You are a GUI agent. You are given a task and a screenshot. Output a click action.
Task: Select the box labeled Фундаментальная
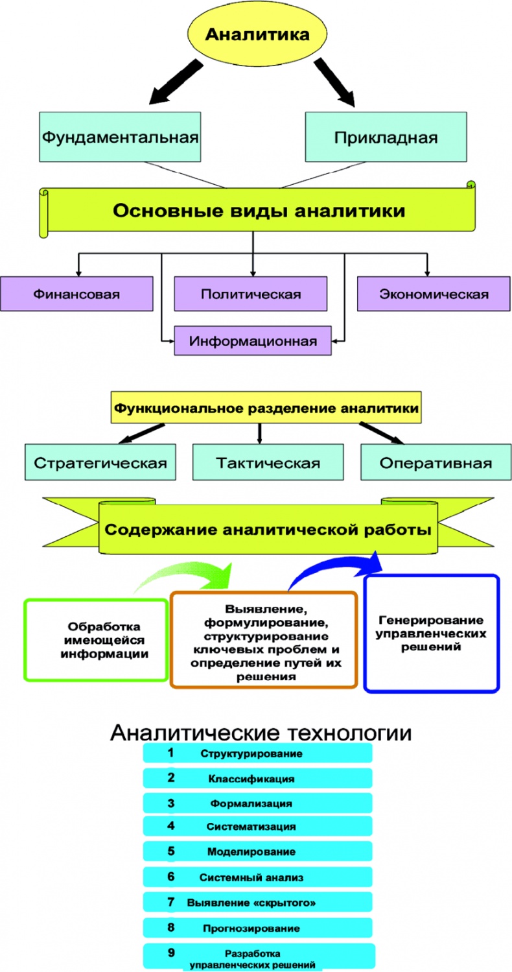[120, 137]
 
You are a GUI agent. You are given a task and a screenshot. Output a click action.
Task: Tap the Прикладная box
[386, 137]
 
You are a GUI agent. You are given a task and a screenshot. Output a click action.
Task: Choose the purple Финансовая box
[77, 294]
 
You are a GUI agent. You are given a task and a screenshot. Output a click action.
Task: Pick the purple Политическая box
[251, 294]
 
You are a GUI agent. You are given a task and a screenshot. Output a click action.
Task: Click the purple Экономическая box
[434, 294]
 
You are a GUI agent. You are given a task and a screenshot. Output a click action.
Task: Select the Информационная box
[253, 340]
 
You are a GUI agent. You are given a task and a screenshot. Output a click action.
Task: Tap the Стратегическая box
[100, 463]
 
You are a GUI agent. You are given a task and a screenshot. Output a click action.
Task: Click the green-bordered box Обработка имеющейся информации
[96, 641]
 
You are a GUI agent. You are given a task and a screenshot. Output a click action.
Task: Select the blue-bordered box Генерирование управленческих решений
[432, 633]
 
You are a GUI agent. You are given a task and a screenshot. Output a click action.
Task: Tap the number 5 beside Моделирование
[171, 851]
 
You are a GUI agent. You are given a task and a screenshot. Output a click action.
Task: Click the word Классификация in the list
[251, 778]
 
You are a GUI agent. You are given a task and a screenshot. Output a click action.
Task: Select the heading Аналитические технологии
[260, 733]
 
